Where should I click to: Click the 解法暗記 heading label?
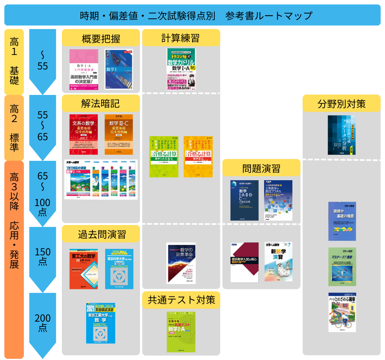pyautogui.click(x=101, y=103)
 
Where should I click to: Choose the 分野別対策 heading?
pyautogui.click(x=341, y=103)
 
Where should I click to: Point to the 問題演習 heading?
pyautogui.click(x=261, y=168)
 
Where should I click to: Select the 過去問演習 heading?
pyautogui.click(x=101, y=234)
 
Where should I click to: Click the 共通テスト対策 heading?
pyautogui.click(x=181, y=300)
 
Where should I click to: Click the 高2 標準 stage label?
pyautogui.click(x=14, y=128)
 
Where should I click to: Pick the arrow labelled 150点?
pyautogui.click(x=42, y=257)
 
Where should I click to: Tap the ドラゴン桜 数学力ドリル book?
pyautogui.click(x=181, y=69)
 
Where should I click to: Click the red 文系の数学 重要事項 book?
pyautogui.click(x=84, y=135)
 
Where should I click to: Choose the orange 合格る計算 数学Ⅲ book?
pyautogui.click(x=198, y=156)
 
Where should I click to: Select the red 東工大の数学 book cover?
pyautogui.click(x=84, y=269)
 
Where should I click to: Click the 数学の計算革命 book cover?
pyautogui.click(x=181, y=263)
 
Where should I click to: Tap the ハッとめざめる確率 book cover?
pyautogui.click(x=342, y=312)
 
